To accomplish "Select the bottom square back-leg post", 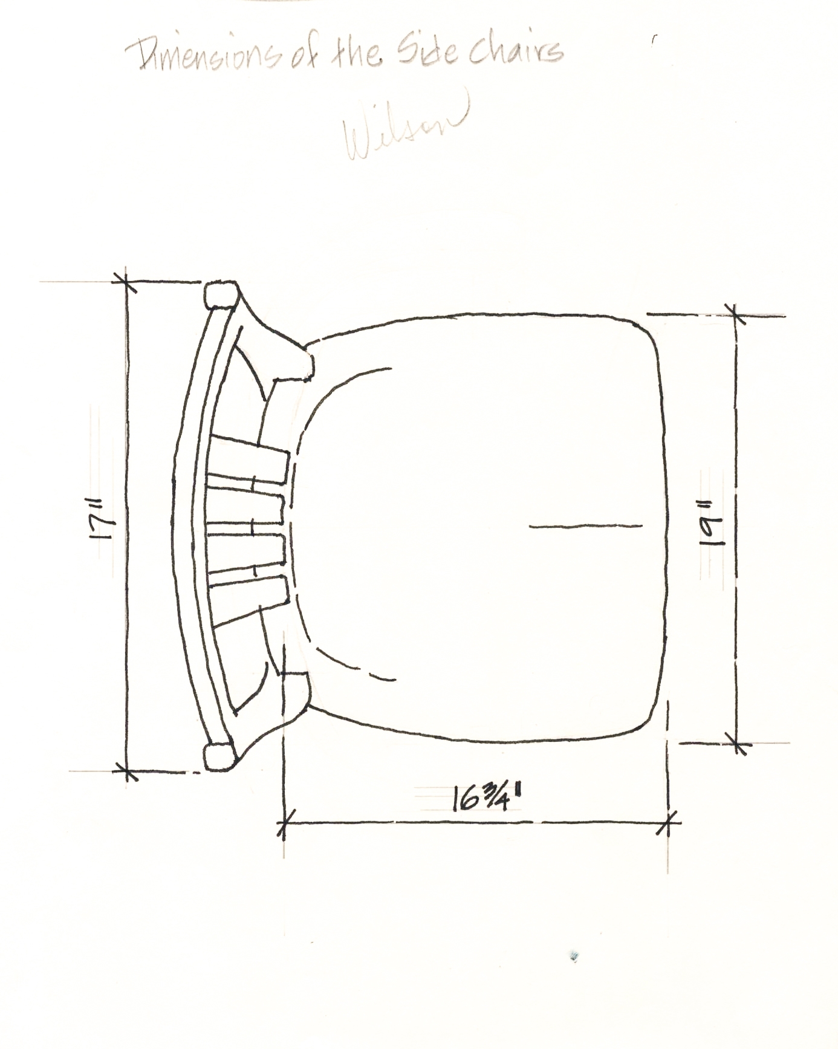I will pos(219,756).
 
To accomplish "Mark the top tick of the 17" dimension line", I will pos(126,281).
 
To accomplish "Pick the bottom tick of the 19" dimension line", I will pos(736,742).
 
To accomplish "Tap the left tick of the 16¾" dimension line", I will pos(284,822).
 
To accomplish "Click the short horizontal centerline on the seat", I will pos(585,525).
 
